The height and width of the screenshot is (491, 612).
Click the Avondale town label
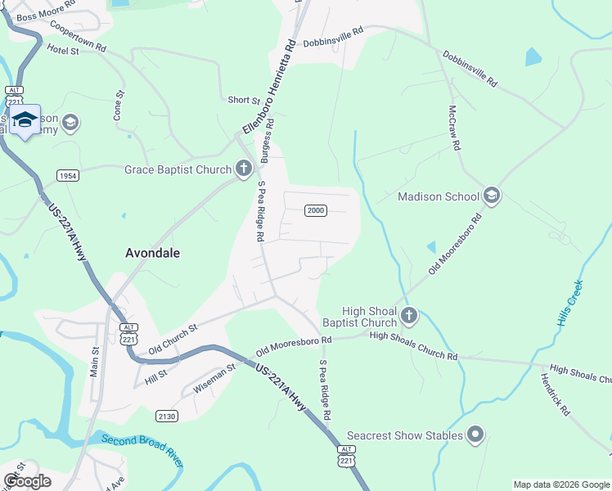152,253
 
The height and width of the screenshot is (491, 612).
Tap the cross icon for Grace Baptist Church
243,169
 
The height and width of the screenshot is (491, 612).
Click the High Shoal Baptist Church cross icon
410,314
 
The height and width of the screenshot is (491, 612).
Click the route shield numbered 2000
316,210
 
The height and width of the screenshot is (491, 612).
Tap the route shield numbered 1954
68,176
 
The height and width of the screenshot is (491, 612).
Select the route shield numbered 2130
166,416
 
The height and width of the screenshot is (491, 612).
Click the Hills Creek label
570,304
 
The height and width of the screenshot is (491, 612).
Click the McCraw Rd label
454,127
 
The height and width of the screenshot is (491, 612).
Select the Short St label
243,100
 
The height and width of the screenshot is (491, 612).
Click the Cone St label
118,106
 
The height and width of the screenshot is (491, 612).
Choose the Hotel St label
62,50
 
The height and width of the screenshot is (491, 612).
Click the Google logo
28,481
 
